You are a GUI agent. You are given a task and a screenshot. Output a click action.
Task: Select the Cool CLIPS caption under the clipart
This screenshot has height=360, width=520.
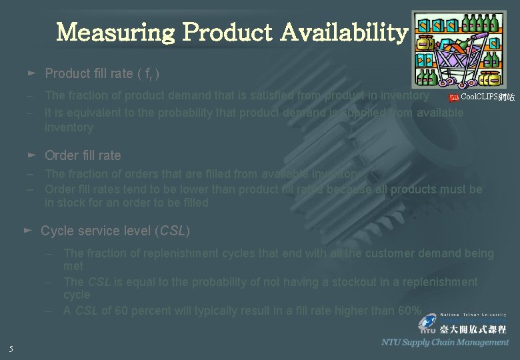[x=482, y=98]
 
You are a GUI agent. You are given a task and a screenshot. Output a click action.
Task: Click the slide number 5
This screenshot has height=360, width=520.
[x=11, y=349]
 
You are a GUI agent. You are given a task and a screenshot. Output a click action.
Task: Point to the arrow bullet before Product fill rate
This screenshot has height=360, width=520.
[x=31, y=73]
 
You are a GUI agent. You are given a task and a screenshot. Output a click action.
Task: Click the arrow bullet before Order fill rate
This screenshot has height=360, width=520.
[x=31, y=155]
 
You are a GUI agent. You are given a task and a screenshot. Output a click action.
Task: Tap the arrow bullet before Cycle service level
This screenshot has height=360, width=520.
[x=27, y=230]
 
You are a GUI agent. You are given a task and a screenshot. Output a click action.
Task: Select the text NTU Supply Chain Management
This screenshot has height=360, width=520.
[x=445, y=342]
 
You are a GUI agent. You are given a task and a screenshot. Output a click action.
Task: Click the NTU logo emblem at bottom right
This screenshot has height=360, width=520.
[x=427, y=325]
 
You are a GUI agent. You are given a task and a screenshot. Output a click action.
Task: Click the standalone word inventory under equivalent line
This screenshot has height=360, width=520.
[x=69, y=127]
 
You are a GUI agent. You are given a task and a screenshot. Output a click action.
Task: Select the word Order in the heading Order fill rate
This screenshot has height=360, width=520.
[x=60, y=155]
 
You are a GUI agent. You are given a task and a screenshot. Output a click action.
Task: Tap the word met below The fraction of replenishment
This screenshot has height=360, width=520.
[x=73, y=266]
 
